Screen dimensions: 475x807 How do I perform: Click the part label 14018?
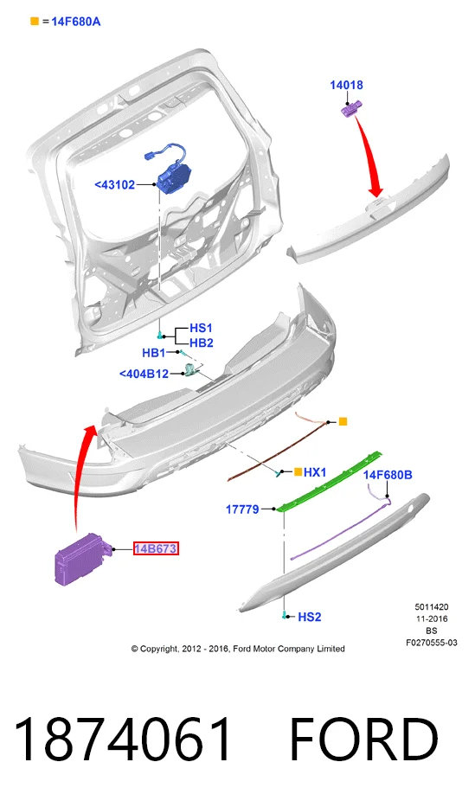[x=346, y=85]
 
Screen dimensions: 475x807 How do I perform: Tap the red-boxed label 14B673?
[x=156, y=548]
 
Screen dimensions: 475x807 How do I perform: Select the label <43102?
[x=115, y=185]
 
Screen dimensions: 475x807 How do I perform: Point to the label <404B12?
[x=144, y=374]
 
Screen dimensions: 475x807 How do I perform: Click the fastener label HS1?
[x=202, y=328]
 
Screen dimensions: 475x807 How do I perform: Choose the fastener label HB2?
[x=202, y=343]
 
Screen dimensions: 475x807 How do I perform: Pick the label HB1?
[x=154, y=353]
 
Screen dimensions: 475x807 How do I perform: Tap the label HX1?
[x=315, y=472]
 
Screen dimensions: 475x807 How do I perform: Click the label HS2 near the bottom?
[x=309, y=617]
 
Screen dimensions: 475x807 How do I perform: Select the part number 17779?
[x=242, y=509]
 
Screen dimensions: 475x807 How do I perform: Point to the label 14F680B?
[x=388, y=475]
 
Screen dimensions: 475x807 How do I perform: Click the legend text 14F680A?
[x=75, y=22]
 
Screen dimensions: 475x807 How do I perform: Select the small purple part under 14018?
[x=351, y=109]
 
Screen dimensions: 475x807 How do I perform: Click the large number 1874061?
[x=123, y=739]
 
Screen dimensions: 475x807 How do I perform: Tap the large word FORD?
[x=364, y=739]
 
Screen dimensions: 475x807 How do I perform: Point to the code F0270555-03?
[x=431, y=643]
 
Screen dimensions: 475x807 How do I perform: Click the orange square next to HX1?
[x=298, y=471]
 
